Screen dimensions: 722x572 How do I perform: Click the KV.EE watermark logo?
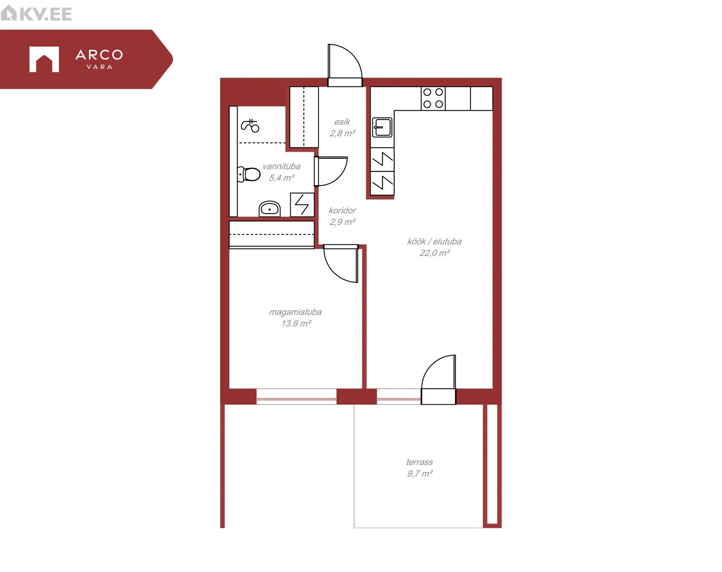coord(36,14)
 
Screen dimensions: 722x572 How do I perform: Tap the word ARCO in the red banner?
coord(99,55)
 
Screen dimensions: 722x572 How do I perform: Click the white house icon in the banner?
coord(44,59)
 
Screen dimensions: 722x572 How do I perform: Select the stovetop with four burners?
coord(433,98)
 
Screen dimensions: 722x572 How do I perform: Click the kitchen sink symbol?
coord(382,127)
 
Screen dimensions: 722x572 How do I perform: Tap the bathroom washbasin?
coord(270,209)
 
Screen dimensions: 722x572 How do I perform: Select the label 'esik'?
coord(342,122)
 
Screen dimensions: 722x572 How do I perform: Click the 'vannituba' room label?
coord(281,166)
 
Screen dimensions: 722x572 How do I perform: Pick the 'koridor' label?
coord(342,211)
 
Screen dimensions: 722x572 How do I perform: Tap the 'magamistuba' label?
coord(295,312)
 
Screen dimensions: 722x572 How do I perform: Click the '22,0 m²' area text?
coord(435,253)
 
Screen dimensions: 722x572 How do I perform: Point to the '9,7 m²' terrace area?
coord(420,473)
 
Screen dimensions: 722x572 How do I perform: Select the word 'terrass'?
coord(419,462)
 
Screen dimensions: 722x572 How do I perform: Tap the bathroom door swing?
coord(331,171)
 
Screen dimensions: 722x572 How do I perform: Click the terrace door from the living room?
coord(438,380)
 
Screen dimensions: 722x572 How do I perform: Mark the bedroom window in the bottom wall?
coord(296,396)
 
